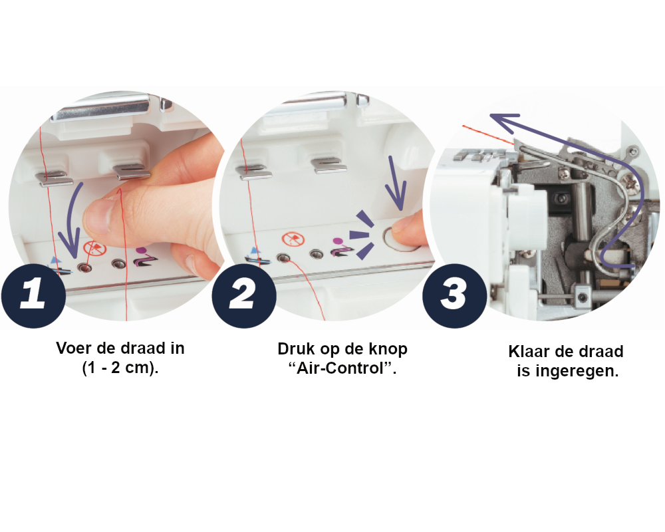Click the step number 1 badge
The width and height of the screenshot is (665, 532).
pyautogui.click(x=33, y=295)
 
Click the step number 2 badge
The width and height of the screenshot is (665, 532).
pyautogui.click(x=244, y=295)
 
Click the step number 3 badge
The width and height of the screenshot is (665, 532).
pyautogui.click(x=455, y=295)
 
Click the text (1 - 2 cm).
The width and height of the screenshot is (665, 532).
pyautogui.click(x=120, y=367)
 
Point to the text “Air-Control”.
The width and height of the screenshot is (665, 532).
pyautogui.click(x=342, y=368)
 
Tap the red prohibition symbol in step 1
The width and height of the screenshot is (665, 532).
pyautogui.click(x=94, y=248)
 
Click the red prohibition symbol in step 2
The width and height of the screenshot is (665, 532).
pyautogui.click(x=293, y=239)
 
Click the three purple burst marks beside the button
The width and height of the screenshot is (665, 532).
pyautogui.click(x=362, y=235)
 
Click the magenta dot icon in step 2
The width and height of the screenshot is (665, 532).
pyautogui.click(x=338, y=241)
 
